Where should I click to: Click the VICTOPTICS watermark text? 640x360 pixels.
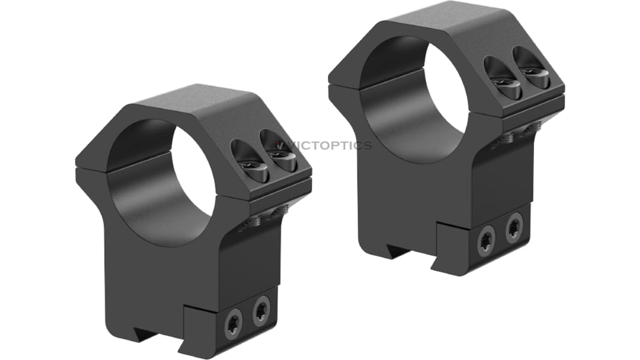[323, 145]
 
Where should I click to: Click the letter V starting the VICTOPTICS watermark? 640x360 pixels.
[280, 145]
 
